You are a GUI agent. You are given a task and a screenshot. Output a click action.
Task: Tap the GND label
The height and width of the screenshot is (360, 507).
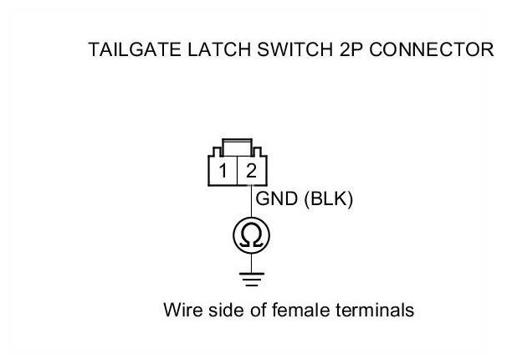coord(273,200)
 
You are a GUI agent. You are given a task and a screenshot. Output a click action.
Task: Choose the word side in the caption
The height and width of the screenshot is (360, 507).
coord(229,311)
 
